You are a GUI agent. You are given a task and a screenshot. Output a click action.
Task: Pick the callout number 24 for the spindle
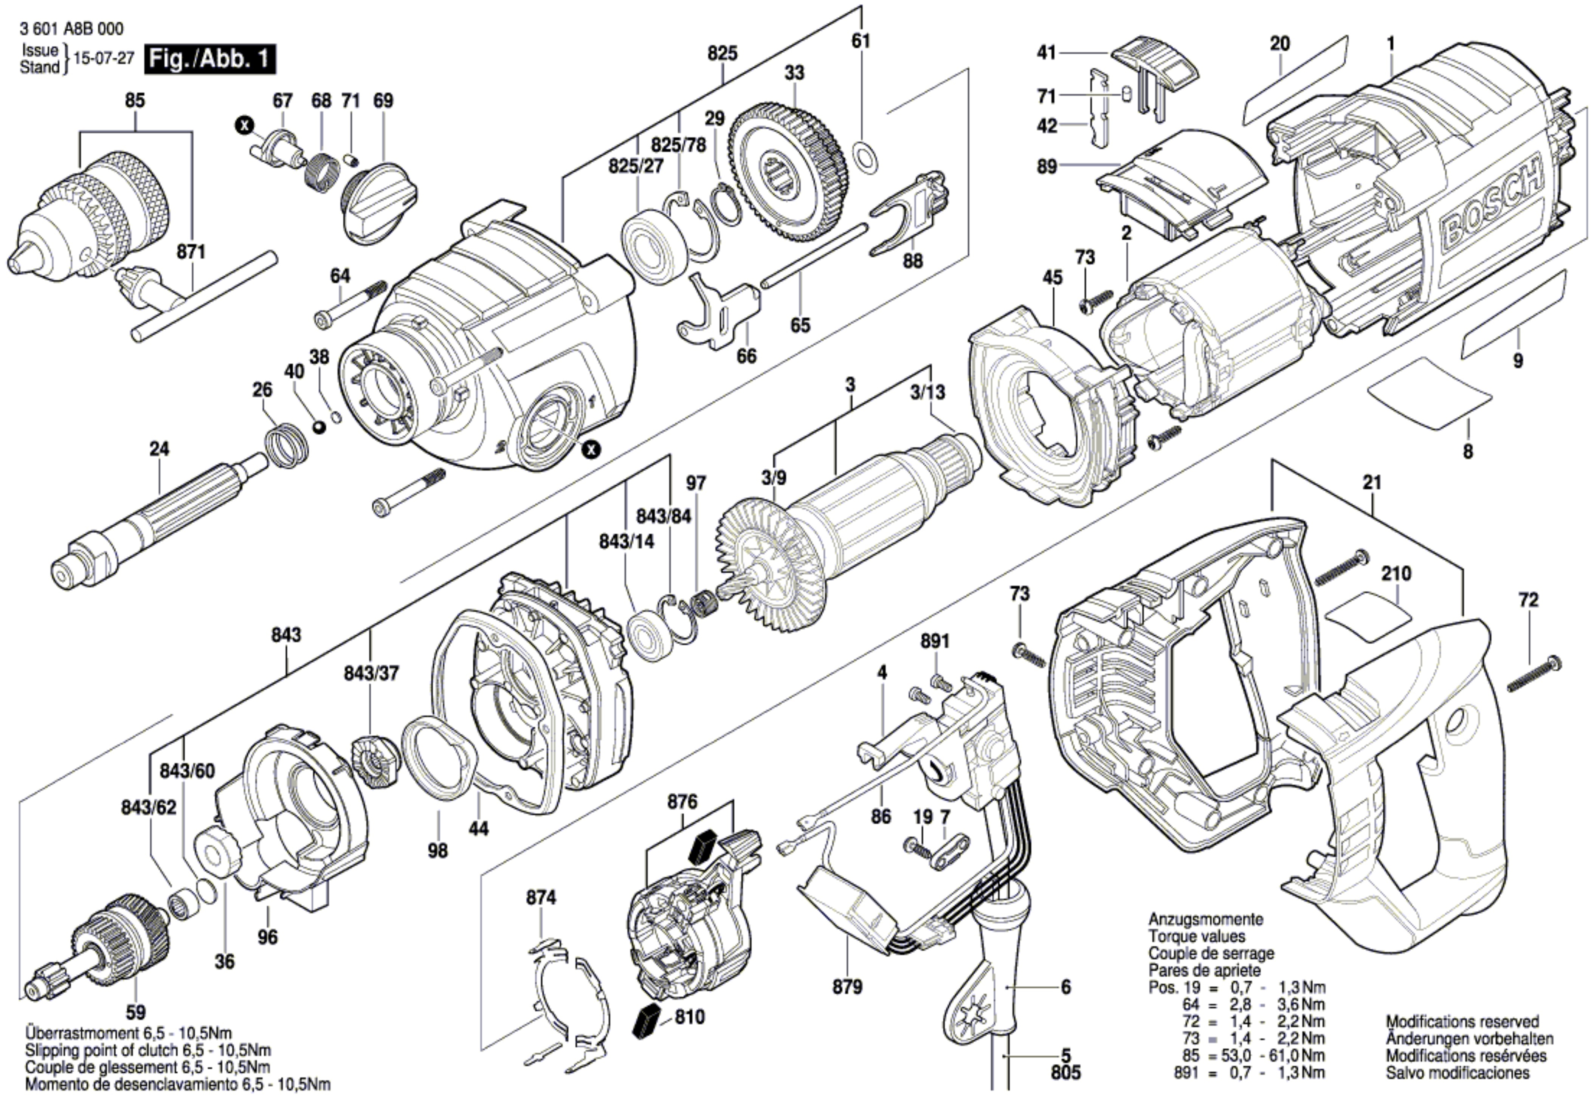[x=159, y=449]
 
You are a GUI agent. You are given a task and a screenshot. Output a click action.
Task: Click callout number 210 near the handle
[x=1396, y=573]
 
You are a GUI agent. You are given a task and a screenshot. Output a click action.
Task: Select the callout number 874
[x=541, y=897]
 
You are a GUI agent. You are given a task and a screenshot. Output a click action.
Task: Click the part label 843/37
[x=371, y=674]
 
